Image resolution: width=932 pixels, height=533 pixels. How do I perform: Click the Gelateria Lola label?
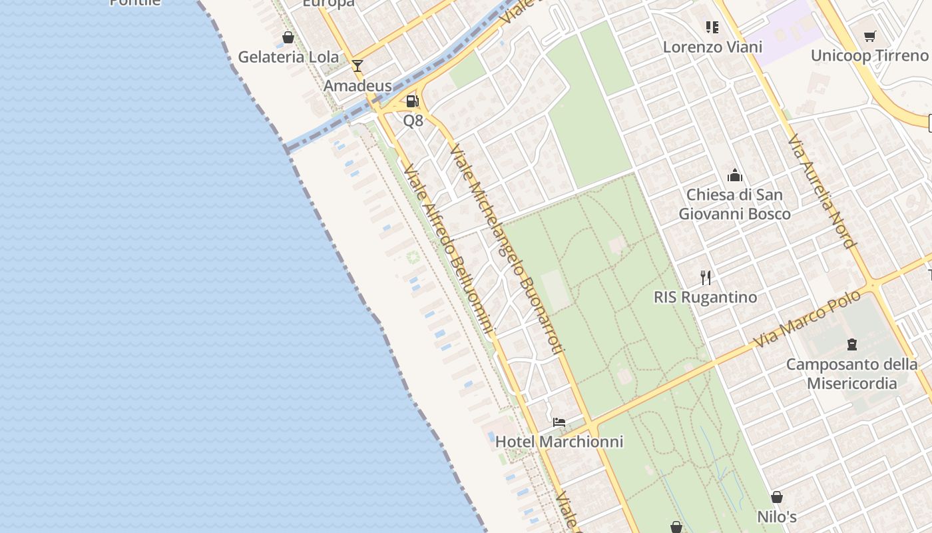coord(288,57)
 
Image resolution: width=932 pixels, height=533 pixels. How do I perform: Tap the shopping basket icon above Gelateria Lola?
coord(288,37)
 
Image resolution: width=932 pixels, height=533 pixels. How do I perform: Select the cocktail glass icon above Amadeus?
coord(357,65)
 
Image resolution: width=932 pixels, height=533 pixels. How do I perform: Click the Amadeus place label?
coord(357,86)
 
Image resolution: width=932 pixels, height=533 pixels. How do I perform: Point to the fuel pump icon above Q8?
coord(413,101)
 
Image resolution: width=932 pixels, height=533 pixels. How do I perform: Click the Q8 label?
coord(413,121)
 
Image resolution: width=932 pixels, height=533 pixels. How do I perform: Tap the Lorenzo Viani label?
coord(712,47)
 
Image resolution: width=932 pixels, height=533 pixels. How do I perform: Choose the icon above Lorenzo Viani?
coord(712,27)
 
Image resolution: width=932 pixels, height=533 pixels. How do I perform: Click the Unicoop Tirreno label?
coord(869,56)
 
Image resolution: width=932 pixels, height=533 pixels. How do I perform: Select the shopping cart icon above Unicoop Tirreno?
coord(869,36)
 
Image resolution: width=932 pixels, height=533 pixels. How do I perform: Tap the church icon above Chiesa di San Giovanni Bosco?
coord(735,176)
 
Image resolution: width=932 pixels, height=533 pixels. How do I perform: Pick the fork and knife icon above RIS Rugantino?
coord(706,277)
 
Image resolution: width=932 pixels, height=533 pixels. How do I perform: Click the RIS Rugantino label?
coord(706,297)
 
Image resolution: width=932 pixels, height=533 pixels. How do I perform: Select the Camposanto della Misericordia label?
coord(851,374)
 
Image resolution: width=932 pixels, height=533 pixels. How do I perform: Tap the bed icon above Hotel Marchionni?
coord(559,422)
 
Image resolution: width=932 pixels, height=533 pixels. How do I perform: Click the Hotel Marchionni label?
coord(559,442)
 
